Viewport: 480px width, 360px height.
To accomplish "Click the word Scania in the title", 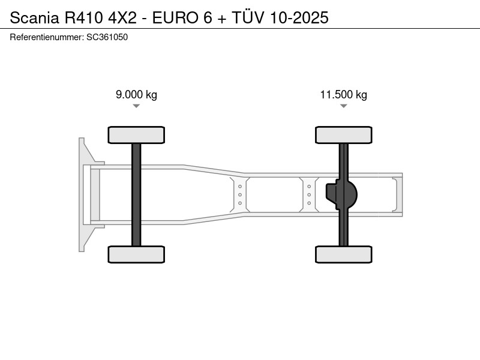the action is coord(34,17).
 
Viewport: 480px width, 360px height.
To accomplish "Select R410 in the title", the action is coord(83,17).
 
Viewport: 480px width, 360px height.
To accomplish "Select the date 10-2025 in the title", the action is coord(299,17).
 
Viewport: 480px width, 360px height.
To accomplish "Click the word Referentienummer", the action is coord(47,37).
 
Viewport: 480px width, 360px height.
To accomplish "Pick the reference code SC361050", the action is coord(107,37).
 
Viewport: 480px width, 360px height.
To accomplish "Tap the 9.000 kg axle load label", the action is coord(136,95).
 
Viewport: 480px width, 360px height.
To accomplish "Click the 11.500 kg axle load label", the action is coord(343,95).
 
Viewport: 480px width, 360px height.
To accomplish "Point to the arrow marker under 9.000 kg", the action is coord(136,106).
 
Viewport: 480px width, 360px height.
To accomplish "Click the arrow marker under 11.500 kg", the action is coord(343,106).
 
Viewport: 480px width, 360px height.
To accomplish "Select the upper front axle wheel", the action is coord(136,135).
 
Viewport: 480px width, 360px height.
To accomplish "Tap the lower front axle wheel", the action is coord(136,254).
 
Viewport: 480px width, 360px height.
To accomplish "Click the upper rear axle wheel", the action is coord(343,135).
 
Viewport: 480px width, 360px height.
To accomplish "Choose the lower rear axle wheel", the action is coord(343,254).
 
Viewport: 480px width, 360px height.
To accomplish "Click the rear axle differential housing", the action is coord(341,194).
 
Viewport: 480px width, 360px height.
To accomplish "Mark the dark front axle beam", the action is coord(136,194).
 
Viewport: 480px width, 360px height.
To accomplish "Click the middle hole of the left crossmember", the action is coord(240,194).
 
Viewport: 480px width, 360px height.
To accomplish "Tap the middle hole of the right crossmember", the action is coord(309,194).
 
